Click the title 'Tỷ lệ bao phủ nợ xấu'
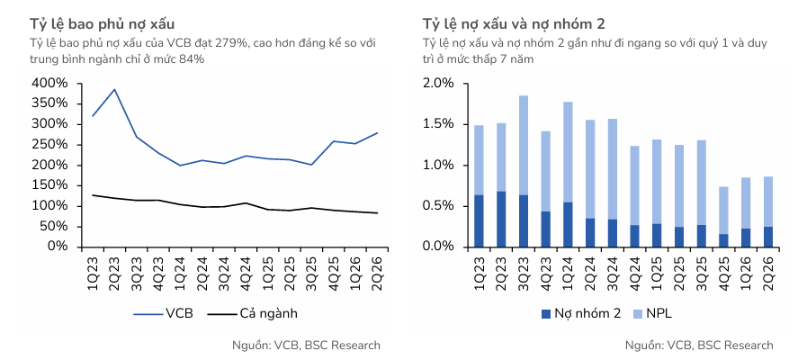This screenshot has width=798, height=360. [x=102, y=24]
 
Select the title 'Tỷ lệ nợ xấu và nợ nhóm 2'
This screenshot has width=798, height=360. [x=514, y=24]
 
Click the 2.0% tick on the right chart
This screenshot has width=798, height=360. [x=441, y=84]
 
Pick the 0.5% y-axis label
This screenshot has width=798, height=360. [x=441, y=206]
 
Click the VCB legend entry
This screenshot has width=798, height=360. [x=164, y=314]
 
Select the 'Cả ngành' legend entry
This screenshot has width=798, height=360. [x=253, y=314]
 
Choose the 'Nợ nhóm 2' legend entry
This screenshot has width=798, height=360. [x=581, y=314]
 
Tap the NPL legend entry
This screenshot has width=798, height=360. [x=652, y=314]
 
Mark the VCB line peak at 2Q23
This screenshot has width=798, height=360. [x=114, y=90]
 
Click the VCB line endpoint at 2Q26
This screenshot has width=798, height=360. [x=377, y=133]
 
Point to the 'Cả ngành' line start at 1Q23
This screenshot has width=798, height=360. [x=93, y=195]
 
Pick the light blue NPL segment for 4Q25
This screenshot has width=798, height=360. [x=723, y=211]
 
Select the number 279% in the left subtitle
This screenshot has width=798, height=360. [x=229, y=43]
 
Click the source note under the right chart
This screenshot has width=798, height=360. [x=699, y=346]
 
